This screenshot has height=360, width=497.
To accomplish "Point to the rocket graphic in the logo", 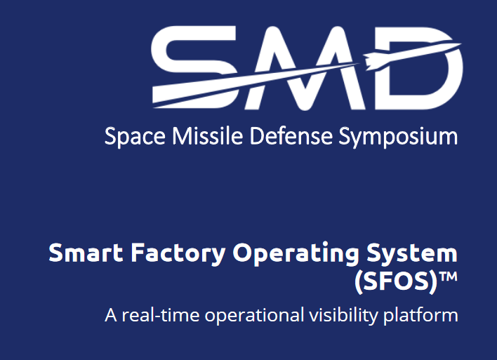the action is click(412, 55).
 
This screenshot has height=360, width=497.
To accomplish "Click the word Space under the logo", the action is click(135, 137).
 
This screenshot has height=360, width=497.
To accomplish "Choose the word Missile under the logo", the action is click(208, 135).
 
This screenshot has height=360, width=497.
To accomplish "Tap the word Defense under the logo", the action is click(291, 135).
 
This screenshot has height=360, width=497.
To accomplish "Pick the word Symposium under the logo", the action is click(398, 137).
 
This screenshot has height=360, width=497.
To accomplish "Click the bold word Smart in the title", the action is click(86, 253).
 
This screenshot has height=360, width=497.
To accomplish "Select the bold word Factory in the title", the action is click(178, 253).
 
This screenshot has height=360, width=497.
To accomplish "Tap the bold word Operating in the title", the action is click(296, 253).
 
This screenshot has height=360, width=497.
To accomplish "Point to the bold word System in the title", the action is click(412, 253).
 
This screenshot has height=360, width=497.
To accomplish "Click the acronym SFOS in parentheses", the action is click(396, 281).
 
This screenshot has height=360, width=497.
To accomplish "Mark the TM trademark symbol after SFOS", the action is click(449, 276).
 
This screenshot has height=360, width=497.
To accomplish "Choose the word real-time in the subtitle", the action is click(161, 315).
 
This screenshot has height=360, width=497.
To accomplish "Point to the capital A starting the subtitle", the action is click(111, 315).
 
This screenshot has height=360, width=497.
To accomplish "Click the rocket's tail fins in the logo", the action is click(369, 61).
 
